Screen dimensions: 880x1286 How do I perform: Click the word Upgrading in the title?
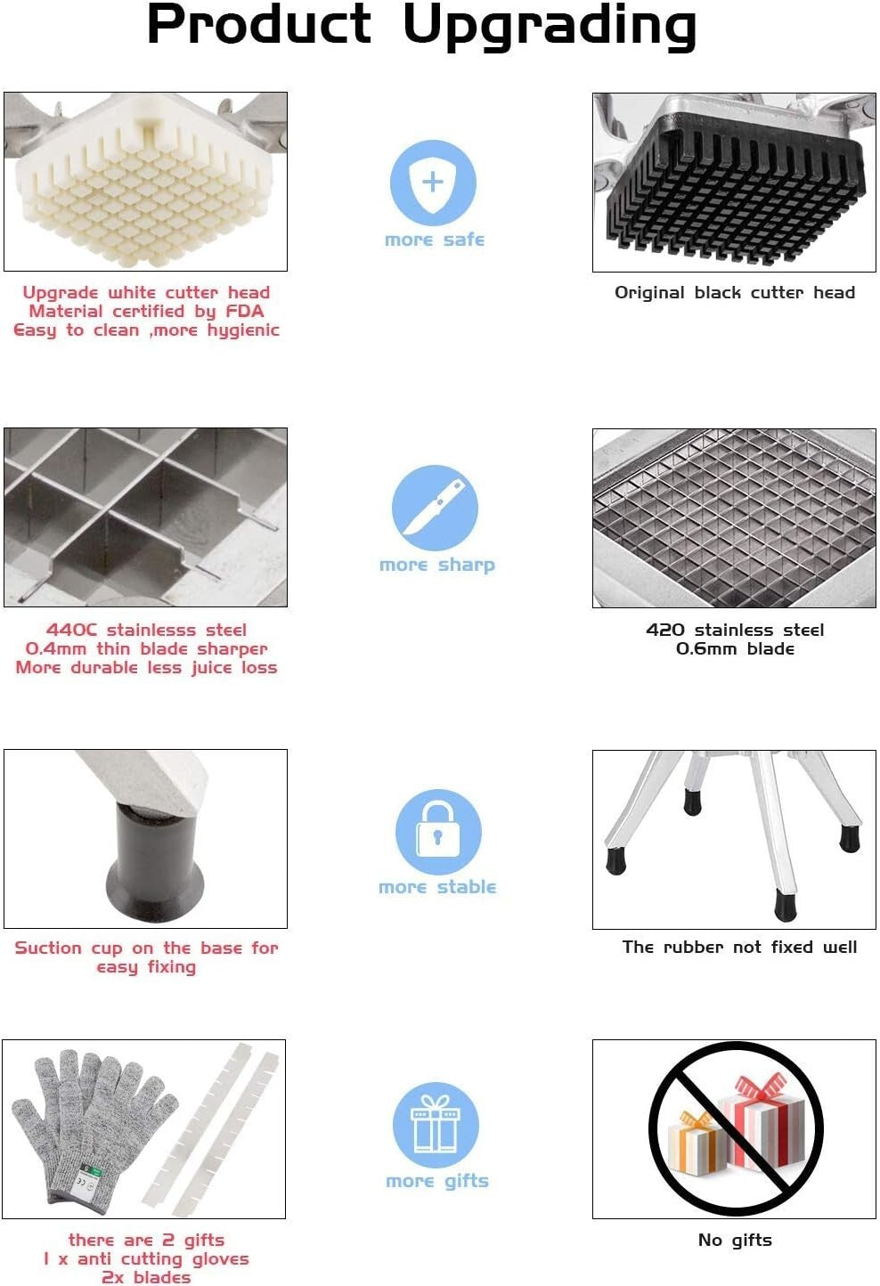tap(550, 27)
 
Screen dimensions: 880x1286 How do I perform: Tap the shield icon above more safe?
tap(433, 183)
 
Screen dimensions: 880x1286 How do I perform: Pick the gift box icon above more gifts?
tap(436, 1125)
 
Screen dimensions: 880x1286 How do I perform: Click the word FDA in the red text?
tap(245, 311)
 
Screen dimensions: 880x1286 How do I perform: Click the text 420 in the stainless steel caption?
tap(664, 630)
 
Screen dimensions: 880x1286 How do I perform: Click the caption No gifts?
tap(735, 1240)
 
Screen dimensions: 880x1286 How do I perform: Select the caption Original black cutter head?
tap(735, 293)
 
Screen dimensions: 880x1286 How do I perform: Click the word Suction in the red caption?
tap(48, 948)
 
